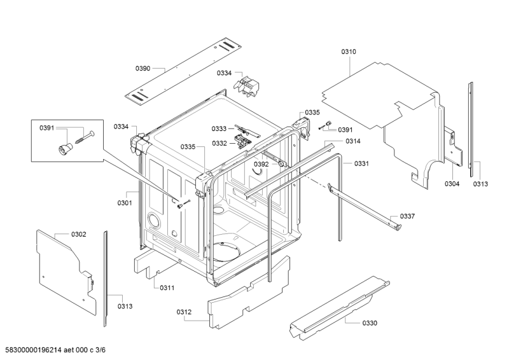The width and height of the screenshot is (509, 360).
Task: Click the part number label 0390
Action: pyautogui.click(x=143, y=68)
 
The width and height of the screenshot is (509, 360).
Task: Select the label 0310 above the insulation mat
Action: pyautogui.click(x=348, y=52)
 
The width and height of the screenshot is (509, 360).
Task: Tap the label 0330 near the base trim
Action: pyautogui.click(x=370, y=323)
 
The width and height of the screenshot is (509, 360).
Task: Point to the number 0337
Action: pyautogui.click(x=407, y=216)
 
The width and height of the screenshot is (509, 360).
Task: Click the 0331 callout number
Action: pyautogui.click(x=361, y=163)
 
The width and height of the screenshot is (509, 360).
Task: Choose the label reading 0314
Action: pyautogui.click(x=354, y=141)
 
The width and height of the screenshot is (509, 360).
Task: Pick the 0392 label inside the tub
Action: pyautogui.click(x=261, y=164)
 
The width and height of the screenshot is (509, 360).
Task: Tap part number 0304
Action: pyautogui.click(x=452, y=184)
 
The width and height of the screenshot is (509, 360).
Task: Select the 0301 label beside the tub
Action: pyautogui.click(x=124, y=204)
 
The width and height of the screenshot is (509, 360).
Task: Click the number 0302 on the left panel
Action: pyautogui.click(x=78, y=235)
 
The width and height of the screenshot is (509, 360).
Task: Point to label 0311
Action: pyautogui.click(x=167, y=287)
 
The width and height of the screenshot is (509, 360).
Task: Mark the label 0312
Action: pyautogui.click(x=184, y=312)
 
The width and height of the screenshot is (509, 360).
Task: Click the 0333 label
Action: pyautogui.click(x=220, y=128)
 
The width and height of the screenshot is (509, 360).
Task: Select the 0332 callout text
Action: pyautogui.click(x=220, y=143)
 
